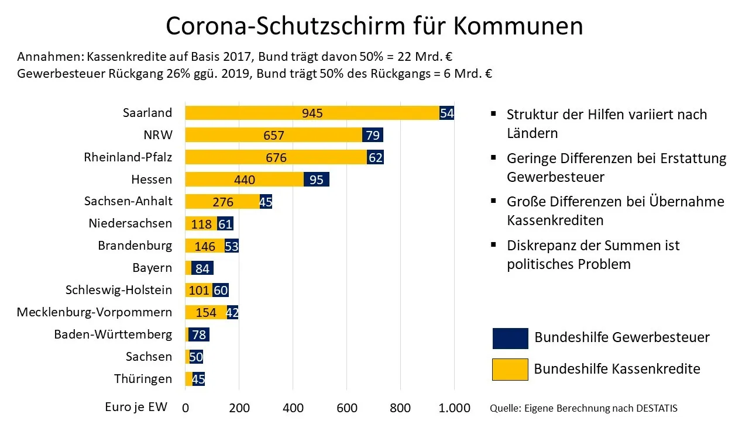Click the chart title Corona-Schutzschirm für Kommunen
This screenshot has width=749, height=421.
(374, 26)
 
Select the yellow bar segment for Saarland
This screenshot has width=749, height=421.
(312, 113)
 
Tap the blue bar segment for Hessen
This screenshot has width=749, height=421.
(317, 180)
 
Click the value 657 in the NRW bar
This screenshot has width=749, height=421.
(274, 136)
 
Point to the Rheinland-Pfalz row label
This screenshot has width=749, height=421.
(128, 157)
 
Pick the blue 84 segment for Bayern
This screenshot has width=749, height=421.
(202, 268)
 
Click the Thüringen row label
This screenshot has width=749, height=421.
(143, 379)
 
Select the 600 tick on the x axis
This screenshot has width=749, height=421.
(347, 408)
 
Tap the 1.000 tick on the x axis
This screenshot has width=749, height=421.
(455, 408)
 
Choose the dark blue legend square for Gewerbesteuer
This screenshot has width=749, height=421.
(510, 339)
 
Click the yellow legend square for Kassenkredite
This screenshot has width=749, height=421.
(510, 370)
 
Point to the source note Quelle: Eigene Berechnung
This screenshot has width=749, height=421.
(583, 408)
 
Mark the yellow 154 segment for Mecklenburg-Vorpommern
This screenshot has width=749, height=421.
(206, 313)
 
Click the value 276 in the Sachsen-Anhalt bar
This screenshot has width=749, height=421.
(222, 202)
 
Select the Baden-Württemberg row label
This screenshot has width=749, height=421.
(113, 334)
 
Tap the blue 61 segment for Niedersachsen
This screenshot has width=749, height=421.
(225, 224)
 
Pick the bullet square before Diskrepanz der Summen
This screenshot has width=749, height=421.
(494, 244)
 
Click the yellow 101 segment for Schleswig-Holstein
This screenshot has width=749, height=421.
(198, 291)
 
